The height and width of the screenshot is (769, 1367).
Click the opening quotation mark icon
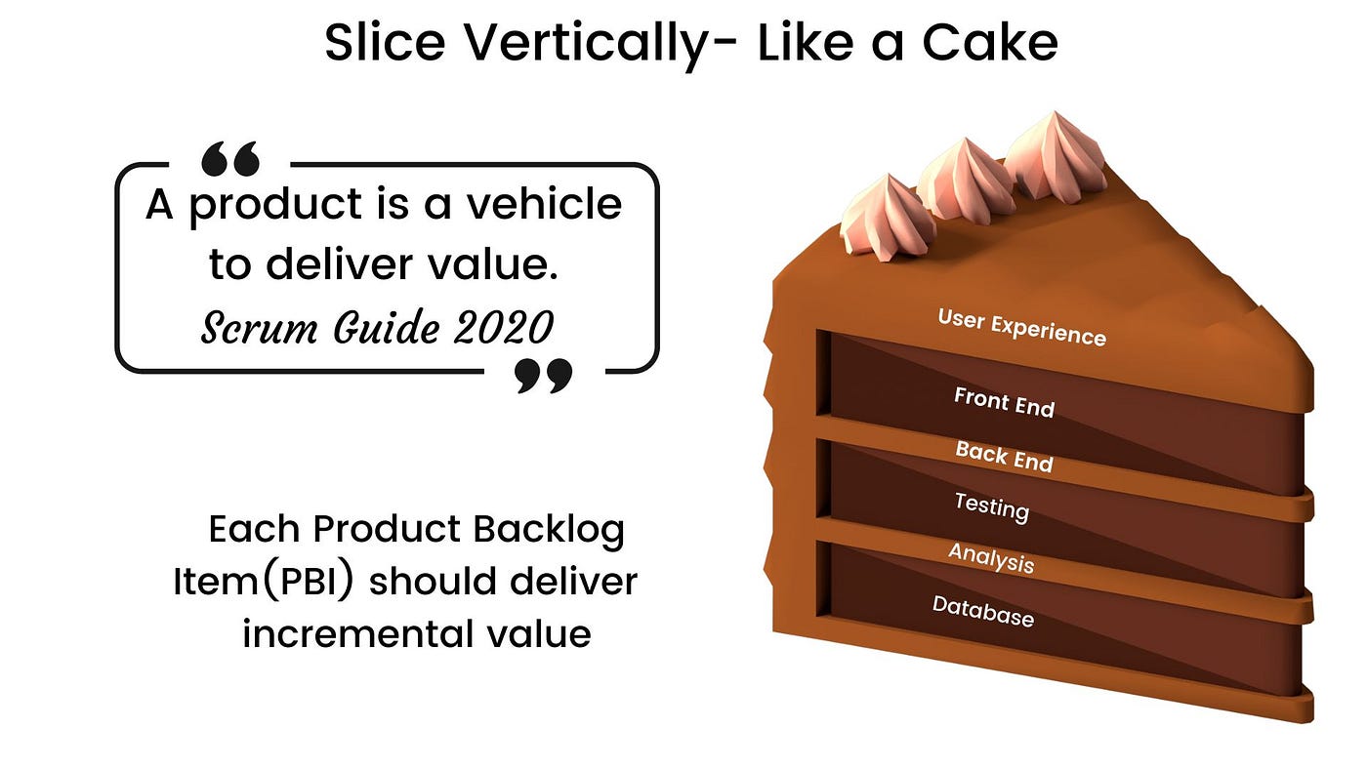[x=229, y=157]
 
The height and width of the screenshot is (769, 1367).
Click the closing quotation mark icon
[x=543, y=375]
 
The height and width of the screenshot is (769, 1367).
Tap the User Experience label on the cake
[x=1021, y=327]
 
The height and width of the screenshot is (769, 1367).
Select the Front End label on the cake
[x=1004, y=401]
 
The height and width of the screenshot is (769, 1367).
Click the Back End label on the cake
[x=1004, y=455]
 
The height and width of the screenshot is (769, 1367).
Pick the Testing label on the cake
[x=991, y=506]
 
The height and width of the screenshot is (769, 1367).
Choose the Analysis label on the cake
[x=990, y=558]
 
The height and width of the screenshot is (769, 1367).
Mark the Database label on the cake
[x=982, y=611]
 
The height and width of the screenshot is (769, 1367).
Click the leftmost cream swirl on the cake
[x=876, y=218]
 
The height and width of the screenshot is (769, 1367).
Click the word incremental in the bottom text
[x=363, y=633]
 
